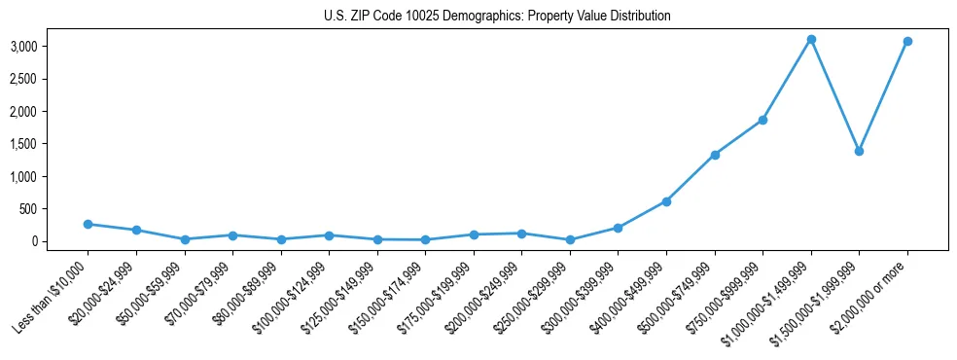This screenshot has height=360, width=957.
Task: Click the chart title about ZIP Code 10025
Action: coord(497,17)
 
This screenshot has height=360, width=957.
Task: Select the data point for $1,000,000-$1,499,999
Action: coord(810,40)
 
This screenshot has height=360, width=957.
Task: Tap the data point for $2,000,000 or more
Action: coord(906,42)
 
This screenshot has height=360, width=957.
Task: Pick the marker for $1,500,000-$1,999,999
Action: coord(859,152)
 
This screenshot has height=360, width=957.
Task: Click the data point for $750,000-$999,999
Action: coord(762,121)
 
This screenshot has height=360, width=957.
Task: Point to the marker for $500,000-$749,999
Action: coord(715,155)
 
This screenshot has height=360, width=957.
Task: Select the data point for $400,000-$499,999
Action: coord(666,201)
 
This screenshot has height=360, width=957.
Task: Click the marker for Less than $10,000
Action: coord(89,224)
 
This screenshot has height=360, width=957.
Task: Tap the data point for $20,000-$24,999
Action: coord(136,231)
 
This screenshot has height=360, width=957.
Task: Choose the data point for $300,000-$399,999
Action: coord(618,228)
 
